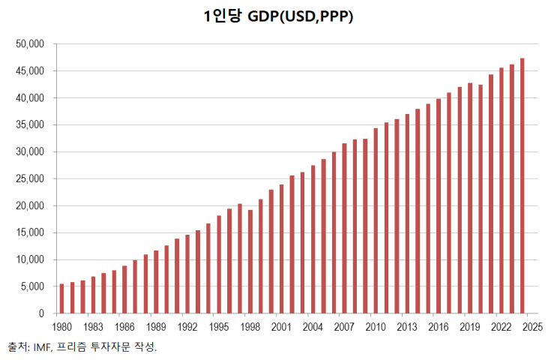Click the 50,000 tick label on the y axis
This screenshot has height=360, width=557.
click(x=30, y=44)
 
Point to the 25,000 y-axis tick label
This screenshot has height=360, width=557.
click(x=30, y=179)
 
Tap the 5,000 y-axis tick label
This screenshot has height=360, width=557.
click(x=32, y=287)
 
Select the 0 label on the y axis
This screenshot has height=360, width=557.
click(x=42, y=314)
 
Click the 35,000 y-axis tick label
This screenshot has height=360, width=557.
click(x=30, y=125)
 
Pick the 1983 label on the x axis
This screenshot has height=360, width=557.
click(x=93, y=327)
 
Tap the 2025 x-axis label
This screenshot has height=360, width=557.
click(x=532, y=327)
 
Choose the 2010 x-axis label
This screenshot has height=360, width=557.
click(x=376, y=327)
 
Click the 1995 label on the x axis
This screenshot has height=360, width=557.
click(x=219, y=327)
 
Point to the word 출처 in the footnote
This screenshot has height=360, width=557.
click(x=17, y=347)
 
